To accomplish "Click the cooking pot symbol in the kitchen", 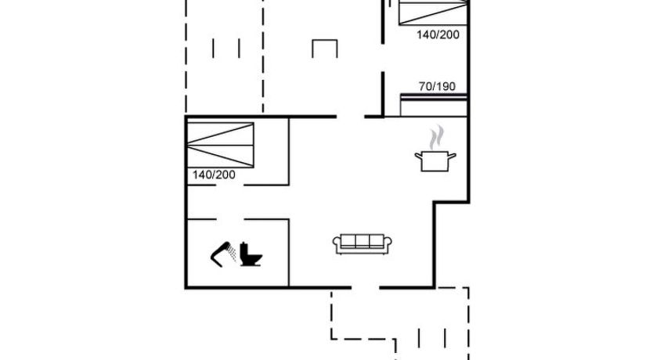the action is [x=435, y=161].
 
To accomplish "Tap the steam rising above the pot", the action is [x=436, y=137].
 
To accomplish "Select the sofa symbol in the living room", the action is [x=363, y=244].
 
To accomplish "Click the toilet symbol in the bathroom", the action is [x=251, y=254].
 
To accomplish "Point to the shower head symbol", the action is [x=223, y=254].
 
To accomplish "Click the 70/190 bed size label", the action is [x=437, y=87].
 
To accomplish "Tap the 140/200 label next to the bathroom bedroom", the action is [x=214, y=175].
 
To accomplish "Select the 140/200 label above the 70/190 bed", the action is [x=438, y=34].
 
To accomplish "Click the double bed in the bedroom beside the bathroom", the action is [x=220, y=146].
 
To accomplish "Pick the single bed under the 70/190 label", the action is [x=433, y=106].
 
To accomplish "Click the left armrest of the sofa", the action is [x=337, y=244].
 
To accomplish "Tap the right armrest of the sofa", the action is [x=388, y=244].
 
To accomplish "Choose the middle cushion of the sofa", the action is [x=363, y=241].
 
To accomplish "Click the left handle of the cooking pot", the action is [x=418, y=156].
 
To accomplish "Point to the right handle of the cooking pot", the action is [x=453, y=156].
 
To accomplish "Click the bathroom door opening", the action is [x=230, y=219].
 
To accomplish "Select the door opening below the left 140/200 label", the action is [x=230, y=185].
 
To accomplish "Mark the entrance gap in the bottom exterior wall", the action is [x=365, y=287].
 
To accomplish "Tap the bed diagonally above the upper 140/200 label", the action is [x=433, y=13].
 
